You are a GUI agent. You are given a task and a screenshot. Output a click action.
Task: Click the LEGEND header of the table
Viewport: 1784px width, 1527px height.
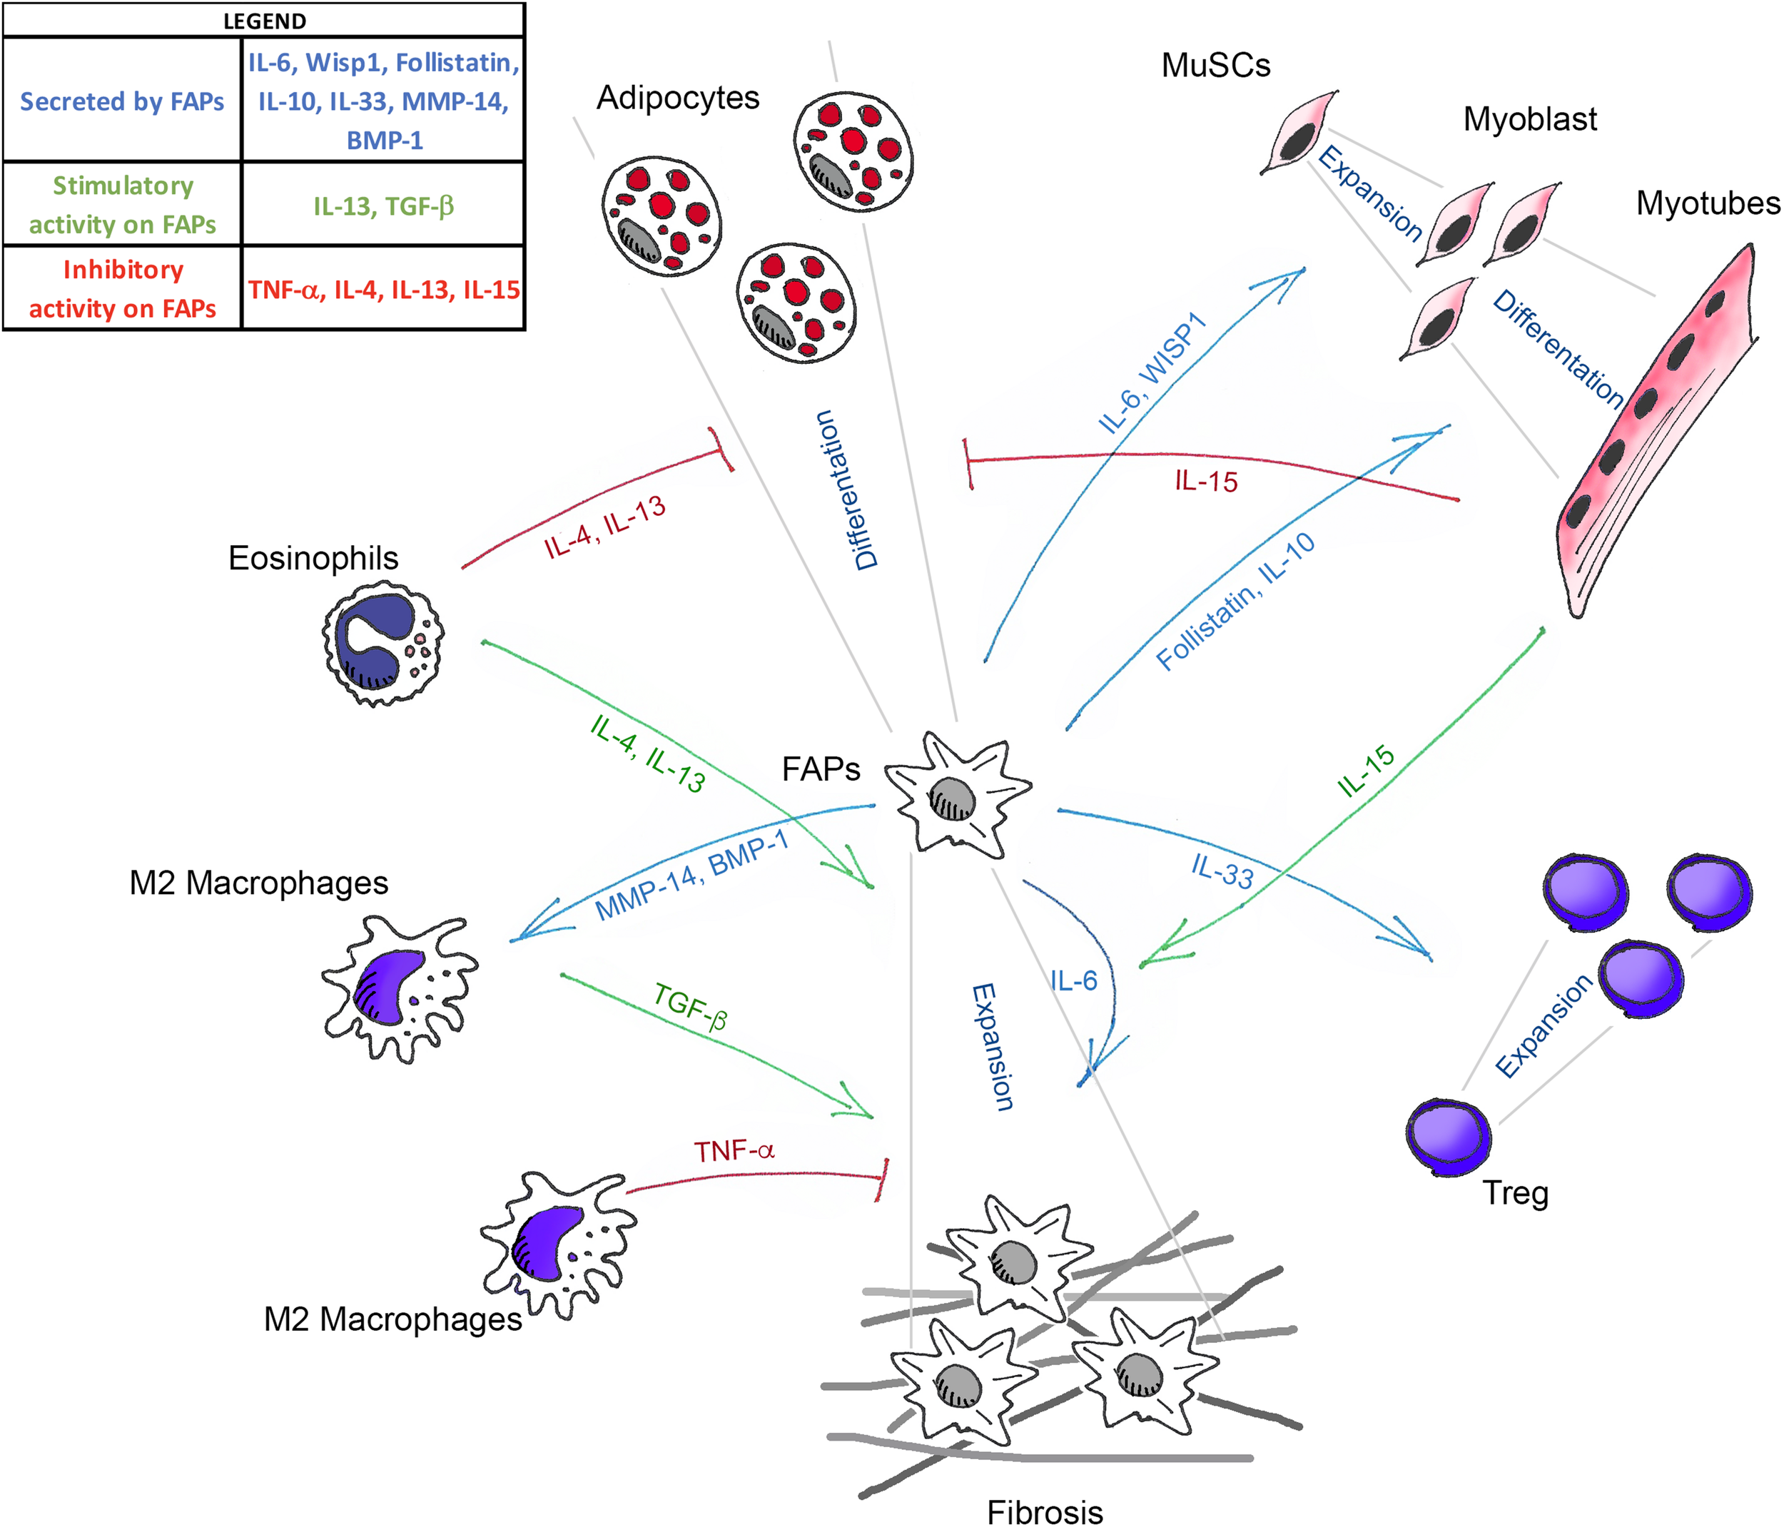tap(264, 21)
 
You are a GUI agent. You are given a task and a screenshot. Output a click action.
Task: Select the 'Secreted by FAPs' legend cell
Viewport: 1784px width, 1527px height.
tap(121, 101)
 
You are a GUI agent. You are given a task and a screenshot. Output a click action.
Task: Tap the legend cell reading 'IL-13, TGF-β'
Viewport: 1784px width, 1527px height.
tap(383, 206)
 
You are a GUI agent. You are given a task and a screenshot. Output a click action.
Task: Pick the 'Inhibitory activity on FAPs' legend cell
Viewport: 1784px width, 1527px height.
tap(121, 288)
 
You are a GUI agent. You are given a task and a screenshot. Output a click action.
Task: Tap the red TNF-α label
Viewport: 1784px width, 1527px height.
tap(734, 1151)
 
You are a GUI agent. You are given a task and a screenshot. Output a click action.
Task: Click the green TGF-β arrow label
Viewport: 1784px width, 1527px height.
tap(691, 1006)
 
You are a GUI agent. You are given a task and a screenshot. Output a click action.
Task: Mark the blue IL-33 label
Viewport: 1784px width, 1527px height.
tap(1222, 871)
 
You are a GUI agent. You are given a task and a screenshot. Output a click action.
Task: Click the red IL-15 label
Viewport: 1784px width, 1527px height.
tap(1205, 481)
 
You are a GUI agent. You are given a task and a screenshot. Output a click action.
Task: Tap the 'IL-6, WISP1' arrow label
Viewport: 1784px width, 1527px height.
tap(1152, 372)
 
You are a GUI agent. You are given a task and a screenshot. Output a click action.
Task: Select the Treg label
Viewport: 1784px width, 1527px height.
tap(1516, 1193)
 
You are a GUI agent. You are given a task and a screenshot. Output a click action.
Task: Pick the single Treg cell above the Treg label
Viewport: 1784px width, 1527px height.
tap(1448, 1136)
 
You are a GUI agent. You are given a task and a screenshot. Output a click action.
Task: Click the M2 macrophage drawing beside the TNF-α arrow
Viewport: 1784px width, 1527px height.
tap(555, 1244)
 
